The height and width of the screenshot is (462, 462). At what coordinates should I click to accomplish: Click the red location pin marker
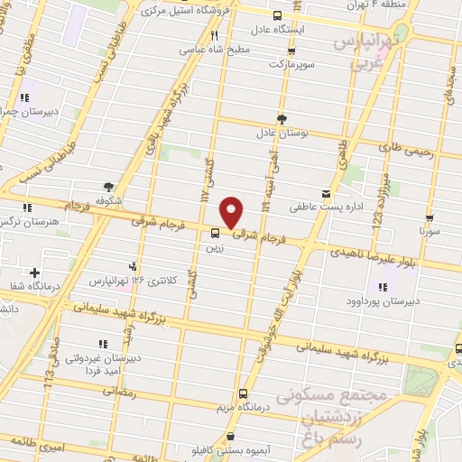[232, 212]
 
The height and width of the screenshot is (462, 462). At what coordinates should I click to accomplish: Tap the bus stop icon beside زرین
[214, 233]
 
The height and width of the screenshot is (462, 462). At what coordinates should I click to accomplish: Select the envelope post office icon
[326, 193]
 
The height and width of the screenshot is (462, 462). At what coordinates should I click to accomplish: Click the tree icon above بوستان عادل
[282, 118]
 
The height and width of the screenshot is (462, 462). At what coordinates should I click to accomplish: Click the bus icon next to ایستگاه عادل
[278, 15]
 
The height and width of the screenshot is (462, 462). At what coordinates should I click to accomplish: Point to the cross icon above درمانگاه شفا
[35, 273]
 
